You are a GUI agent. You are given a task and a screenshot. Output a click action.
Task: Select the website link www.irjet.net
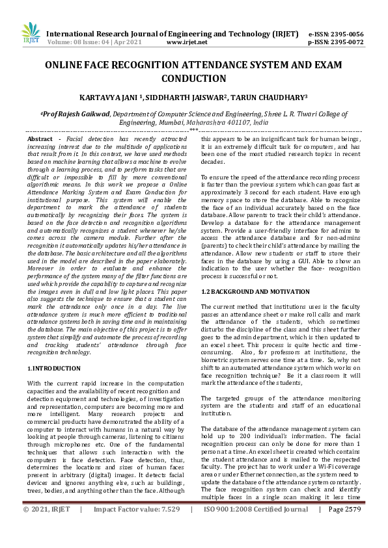(187, 42)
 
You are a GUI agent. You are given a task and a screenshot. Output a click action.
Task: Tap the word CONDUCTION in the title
(193, 79)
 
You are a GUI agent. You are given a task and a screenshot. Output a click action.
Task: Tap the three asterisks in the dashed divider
(193, 131)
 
